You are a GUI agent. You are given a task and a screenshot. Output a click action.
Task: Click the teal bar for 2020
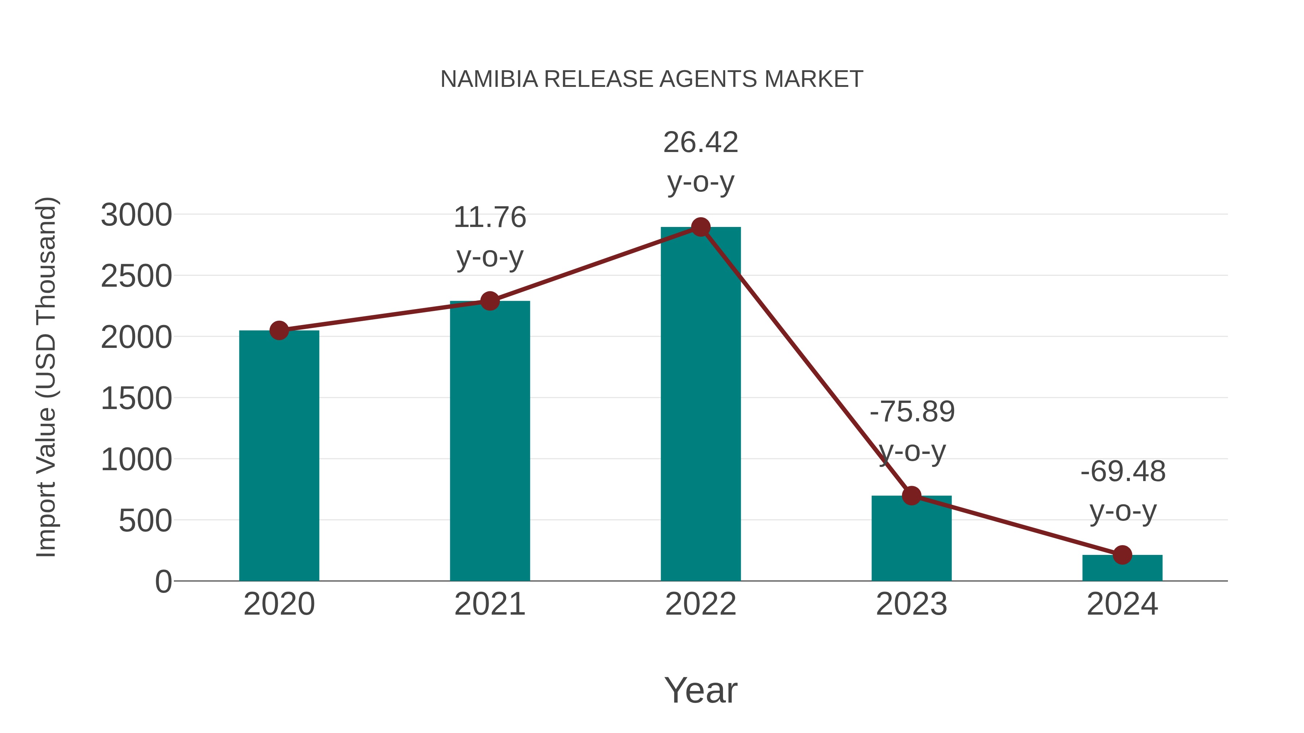point(279,455)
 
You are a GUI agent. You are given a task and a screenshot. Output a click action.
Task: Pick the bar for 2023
point(911,538)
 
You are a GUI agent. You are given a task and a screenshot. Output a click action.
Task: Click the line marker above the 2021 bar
point(489,301)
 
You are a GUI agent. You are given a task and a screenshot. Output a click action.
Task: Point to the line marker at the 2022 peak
point(701,227)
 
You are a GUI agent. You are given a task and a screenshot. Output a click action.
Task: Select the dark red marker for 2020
point(279,330)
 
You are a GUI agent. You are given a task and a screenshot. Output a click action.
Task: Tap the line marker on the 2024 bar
point(1122,555)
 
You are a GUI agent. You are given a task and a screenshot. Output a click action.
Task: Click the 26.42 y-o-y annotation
point(701,162)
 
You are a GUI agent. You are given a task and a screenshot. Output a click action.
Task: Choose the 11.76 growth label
point(489,237)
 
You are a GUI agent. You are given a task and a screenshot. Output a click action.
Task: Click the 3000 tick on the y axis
point(136,215)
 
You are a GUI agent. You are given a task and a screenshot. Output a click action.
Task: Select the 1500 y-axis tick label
point(136,399)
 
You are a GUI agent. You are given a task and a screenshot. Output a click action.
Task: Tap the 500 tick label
point(145,521)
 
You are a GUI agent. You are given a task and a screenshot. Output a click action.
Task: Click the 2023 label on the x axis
point(911,604)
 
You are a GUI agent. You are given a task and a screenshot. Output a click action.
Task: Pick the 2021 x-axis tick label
point(489,604)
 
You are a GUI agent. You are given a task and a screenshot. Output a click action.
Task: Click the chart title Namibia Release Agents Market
point(652,79)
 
